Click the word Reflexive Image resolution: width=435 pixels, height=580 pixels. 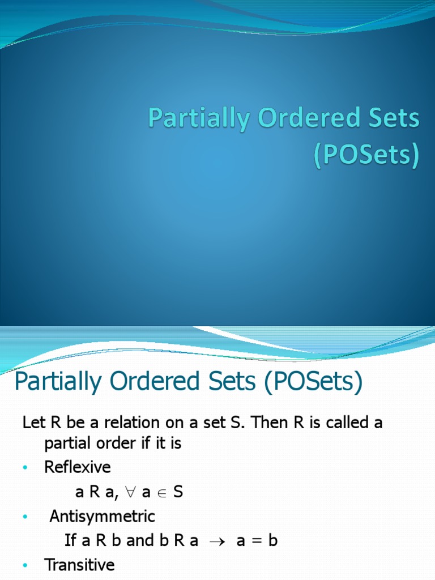coord(78,467)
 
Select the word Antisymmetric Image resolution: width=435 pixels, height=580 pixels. coord(102,516)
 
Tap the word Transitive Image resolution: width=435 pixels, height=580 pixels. coord(79,565)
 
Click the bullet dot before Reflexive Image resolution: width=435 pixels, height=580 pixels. coord(25,468)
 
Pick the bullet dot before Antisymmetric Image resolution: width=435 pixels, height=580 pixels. coord(25,517)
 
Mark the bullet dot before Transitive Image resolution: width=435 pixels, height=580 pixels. coord(25,566)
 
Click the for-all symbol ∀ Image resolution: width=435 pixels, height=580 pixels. coord(130,492)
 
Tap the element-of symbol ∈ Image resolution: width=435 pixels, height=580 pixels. coord(162,493)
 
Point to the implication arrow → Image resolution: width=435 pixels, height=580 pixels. coord(217,541)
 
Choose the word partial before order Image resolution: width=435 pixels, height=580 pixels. coord(66,443)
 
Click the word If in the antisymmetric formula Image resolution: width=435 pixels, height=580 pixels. coord(70,540)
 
